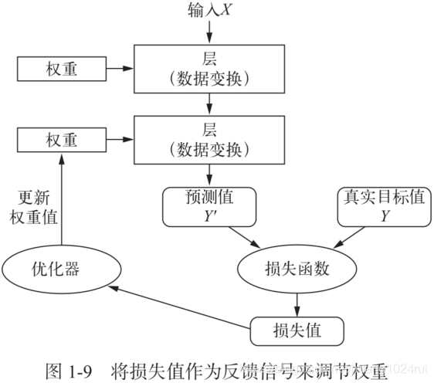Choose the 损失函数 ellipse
(x=297, y=269)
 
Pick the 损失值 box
(x=297, y=331)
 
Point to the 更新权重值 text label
(x=33, y=206)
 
